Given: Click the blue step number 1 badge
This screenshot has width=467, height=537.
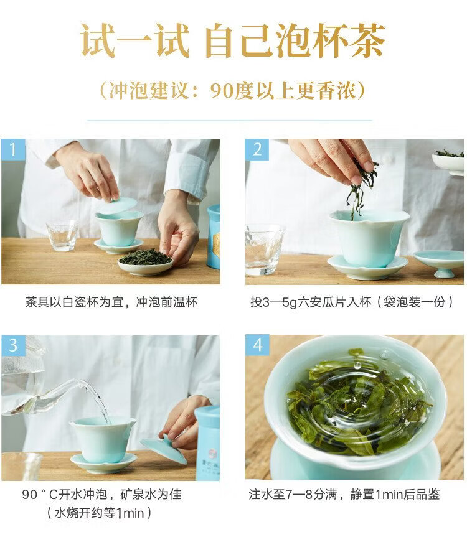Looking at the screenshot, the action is click(13, 150).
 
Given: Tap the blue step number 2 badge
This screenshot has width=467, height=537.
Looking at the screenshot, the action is click(257, 150).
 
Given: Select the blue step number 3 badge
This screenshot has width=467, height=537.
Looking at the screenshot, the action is click(13, 345).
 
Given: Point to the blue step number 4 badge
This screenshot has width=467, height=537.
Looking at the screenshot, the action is click(257, 345).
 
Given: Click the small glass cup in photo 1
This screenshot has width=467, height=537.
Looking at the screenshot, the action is click(62, 235).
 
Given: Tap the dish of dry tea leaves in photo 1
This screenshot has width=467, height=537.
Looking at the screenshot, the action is click(146, 262).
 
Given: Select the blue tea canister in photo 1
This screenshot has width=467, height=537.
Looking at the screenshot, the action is click(214, 236).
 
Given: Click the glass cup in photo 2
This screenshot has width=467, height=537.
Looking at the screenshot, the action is click(264, 250).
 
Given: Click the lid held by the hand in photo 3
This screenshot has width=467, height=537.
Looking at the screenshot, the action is click(164, 449).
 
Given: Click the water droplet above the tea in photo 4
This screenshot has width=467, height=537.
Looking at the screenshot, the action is click(357, 366).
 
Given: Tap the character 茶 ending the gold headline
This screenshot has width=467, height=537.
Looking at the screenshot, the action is click(367, 40).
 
